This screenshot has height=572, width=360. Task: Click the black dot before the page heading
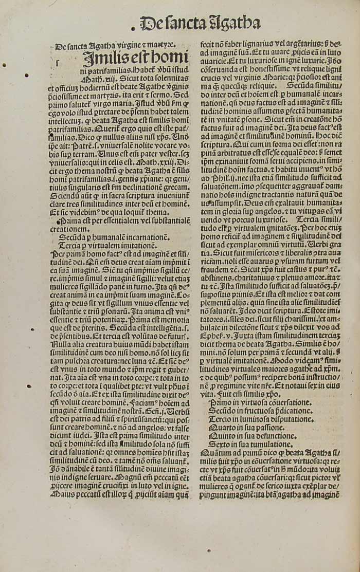point(133,25)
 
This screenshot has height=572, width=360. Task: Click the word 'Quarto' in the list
point(220,428)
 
